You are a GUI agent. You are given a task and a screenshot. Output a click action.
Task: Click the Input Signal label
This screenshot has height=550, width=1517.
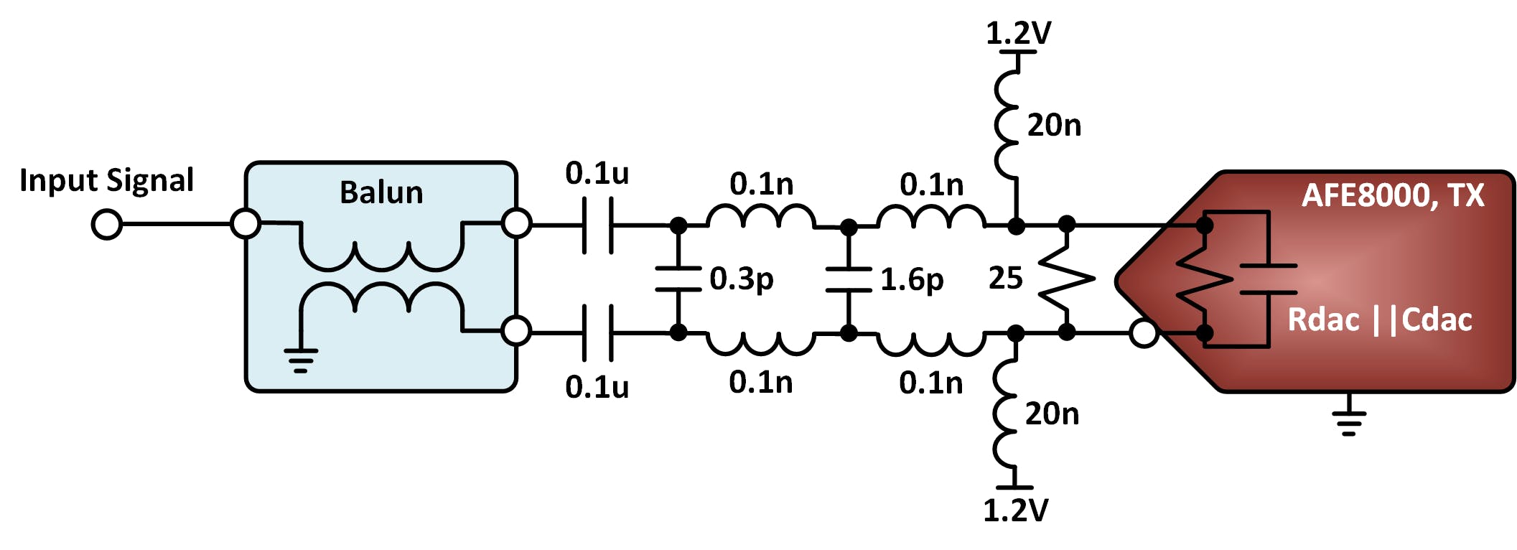(106, 180)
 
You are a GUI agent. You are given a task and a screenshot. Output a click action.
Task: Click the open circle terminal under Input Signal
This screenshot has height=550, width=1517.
(107, 225)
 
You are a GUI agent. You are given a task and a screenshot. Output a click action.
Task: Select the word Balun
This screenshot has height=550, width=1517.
(381, 192)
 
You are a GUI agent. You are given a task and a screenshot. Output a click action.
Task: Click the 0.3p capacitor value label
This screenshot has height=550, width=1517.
(742, 279)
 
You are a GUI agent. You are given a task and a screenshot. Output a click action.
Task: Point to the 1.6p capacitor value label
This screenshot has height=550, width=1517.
(912, 280)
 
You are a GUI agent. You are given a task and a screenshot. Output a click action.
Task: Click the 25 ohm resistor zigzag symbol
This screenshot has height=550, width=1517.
(1067, 279)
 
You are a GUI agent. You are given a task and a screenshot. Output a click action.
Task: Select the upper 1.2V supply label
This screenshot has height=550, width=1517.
(1018, 33)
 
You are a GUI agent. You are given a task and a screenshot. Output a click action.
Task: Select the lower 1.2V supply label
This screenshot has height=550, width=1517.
(1015, 511)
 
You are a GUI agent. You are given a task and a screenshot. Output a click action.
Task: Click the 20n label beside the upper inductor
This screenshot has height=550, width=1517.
(1054, 126)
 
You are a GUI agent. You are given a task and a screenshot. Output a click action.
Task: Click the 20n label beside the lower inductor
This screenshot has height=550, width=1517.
(1052, 414)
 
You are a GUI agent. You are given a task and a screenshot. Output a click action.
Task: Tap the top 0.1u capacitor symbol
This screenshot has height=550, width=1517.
(597, 225)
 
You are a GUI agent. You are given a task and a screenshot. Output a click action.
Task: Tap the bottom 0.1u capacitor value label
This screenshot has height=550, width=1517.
(597, 387)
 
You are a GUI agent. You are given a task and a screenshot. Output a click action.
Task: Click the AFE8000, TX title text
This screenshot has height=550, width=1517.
(1393, 195)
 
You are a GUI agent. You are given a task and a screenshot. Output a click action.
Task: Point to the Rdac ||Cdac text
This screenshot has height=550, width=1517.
(1379, 320)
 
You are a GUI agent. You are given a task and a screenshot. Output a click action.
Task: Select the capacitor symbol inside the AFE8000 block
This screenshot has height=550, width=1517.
(1269, 279)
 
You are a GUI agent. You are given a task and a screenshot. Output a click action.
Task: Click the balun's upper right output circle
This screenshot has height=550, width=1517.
(516, 223)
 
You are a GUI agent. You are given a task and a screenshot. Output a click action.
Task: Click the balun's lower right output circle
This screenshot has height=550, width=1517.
(516, 331)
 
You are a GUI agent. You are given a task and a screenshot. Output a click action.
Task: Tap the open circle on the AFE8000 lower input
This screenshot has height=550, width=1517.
(1144, 333)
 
